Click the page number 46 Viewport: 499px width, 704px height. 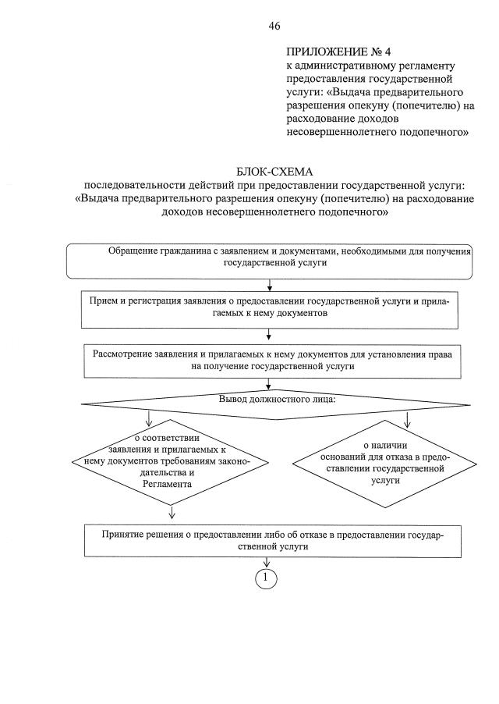(x=274, y=26)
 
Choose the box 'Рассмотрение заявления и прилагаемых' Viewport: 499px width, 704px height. (x=268, y=360)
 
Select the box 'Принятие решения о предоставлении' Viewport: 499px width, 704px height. (x=267, y=540)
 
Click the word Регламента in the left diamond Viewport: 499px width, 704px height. (x=168, y=485)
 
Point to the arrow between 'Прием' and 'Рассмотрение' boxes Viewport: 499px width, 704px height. (x=269, y=335)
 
